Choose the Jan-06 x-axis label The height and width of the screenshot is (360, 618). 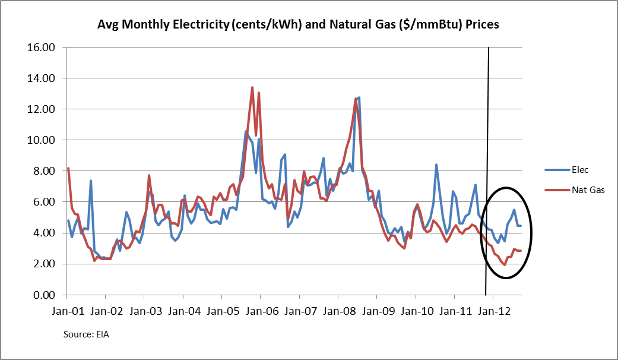coord(260,311)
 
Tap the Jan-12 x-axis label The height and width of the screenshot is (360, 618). coord(493,311)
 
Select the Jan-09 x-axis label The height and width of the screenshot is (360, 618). coord(376,311)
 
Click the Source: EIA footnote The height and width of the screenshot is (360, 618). coord(86,334)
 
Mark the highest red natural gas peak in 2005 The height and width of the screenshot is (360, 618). coord(252,87)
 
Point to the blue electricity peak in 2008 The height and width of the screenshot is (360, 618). coord(359,97)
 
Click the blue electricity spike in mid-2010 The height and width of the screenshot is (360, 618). coord(436,165)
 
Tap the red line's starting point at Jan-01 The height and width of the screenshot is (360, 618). coord(68,168)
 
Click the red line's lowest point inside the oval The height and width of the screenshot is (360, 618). coord(504,265)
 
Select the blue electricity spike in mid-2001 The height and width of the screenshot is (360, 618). coord(91,181)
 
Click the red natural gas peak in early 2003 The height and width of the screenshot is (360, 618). coord(149,175)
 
